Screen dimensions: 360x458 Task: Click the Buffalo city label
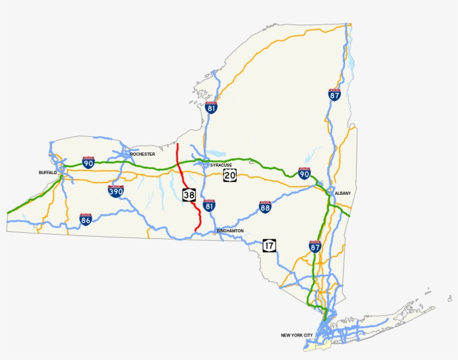pyautogui.click(x=47, y=173)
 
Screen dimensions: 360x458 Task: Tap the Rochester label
pyautogui.click(x=142, y=154)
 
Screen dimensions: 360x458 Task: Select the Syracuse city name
pyautogui.click(x=221, y=165)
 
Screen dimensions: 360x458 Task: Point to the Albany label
pyautogui.click(x=342, y=193)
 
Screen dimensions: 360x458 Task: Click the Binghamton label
pyautogui.click(x=230, y=231)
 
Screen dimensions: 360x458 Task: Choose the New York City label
pyautogui.click(x=297, y=335)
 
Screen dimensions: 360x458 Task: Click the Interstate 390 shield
pyautogui.click(x=116, y=191)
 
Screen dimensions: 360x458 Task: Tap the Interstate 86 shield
pyautogui.click(x=85, y=219)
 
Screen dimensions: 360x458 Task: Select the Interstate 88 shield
pyautogui.click(x=265, y=208)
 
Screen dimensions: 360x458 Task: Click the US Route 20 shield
pyautogui.click(x=230, y=176)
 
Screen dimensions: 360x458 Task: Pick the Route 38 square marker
pyautogui.click(x=189, y=194)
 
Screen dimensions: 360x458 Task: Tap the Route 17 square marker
pyautogui.click(x=269, y=245)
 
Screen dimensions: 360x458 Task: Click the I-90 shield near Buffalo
pyautogui.click(x=88, y=162)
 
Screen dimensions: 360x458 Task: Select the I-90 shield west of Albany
pyautogui.click(x=304, y=173)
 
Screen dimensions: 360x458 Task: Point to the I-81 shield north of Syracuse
pyautogui.click(x=211, y=107)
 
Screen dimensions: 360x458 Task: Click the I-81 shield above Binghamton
pyautogui.click(x=209, y=205)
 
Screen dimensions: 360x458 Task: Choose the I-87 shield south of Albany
pyautogui.click(x=315, y=246)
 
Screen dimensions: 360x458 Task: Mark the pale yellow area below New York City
pyautogui.click(x=321, y=348)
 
